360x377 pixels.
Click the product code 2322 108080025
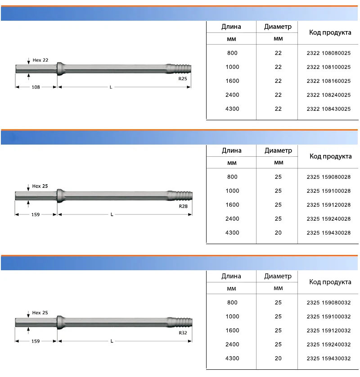pyautogui.click(x=328, y=53)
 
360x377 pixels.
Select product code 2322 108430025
pyautogui.click(x=328, y=109)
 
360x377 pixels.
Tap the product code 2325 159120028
pyautogui.click(x=328, y=205)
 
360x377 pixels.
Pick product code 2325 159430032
pyautogui.click(x=328, y=359)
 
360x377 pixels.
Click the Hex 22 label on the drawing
pyautogui.click(x=40, y=60)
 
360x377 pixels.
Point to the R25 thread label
pyautogui.click(x=183, y=79)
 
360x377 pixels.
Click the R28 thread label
pyautogui.click(x=183, y=206)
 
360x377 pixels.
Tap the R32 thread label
pyautogui.click(x=183, y=333)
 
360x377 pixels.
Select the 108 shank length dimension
pyautogui.click(x=36, y=87)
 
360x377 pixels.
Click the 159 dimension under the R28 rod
pyautogui.click(x=36, y=214)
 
